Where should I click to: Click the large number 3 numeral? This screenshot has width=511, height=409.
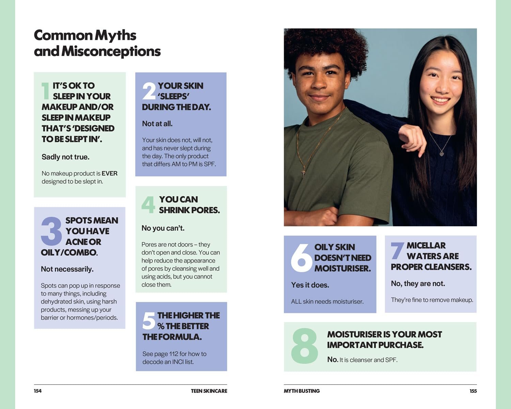click(x=51, y=231)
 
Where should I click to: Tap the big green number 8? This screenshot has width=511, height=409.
click(x=304, y=346)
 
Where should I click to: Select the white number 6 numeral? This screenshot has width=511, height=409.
click(x=301, y=258)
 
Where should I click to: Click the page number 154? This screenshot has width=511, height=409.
click(x=37, y=391)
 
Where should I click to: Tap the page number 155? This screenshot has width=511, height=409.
click(x=473, y=391)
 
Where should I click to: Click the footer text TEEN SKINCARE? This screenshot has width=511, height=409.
click(x=209, y=391)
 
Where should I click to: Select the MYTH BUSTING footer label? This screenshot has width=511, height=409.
click(x=301, y=391)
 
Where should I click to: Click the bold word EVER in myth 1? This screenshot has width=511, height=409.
click(x=109, y=173)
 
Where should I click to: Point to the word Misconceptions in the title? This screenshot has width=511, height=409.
click(x=111, y=51)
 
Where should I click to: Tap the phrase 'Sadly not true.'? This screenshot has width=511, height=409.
click(x=65, y=157)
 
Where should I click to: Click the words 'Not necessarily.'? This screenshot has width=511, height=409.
click(x=67, y=269)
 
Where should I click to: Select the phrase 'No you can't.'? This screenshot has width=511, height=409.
click(x=163, y=228)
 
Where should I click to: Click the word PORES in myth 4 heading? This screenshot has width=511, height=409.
click(x=205, y=210)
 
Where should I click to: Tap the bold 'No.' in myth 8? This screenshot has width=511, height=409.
click(x=332, y=360)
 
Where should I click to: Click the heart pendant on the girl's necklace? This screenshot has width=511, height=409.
click(x=442, y=154)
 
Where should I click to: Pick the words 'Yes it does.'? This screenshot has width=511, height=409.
click(x=310, y=285)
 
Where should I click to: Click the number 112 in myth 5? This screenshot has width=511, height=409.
click(x=174, y=354)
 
